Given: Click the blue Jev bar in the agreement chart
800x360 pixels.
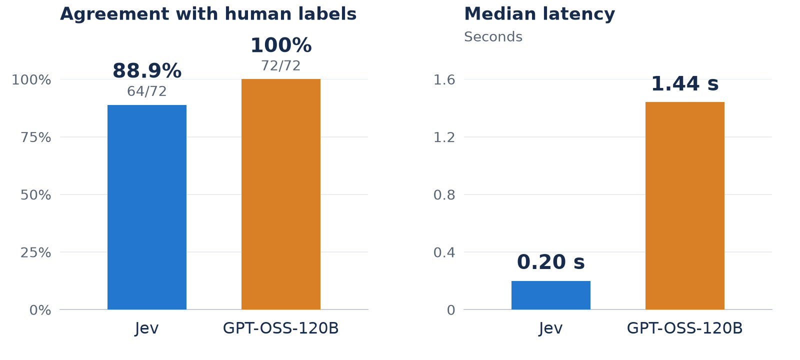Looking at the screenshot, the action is [147, 207].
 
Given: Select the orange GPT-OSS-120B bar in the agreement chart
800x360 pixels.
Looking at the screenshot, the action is [280, 194].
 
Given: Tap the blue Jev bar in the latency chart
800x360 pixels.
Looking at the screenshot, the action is [550, 295].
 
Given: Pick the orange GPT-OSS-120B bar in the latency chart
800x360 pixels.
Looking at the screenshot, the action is [684, 205].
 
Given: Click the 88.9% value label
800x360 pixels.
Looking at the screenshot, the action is [147, 70].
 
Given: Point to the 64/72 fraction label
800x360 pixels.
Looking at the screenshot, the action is [147, 91].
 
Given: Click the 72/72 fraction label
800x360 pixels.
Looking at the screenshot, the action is [280, 65].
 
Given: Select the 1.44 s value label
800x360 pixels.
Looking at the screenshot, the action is [684, 84].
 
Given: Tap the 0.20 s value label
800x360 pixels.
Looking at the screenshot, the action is [550, 262].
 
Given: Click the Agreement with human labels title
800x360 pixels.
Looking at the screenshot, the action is [208, 14].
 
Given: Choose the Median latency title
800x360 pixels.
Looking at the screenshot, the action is [539, 14].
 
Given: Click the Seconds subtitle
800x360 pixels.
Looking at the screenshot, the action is [493, 37].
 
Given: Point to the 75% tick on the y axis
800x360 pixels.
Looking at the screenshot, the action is [35, 137].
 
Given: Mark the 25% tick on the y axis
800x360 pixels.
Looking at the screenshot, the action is [35, 252].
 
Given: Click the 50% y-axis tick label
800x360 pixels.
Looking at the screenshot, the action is [35, 195].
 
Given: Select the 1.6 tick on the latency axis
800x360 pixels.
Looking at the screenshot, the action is [444, 79].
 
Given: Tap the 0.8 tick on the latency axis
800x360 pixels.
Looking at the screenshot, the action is [444, 195].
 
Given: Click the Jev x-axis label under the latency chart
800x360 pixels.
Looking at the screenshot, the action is [550, 328].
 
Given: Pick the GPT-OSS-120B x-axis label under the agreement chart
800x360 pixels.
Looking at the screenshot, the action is [280, 328].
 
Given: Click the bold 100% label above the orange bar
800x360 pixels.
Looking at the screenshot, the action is [280, 45].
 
